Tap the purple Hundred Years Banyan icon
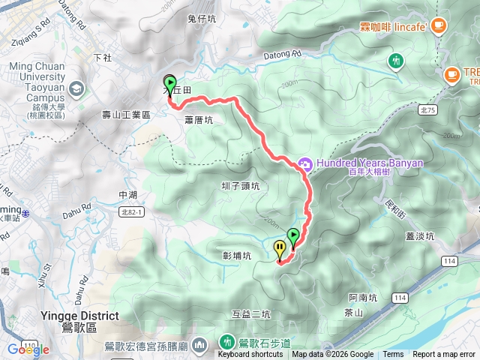point(304,163)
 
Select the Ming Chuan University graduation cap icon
point(76,88)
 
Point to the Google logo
point(28,349)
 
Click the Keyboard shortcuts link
point(250,355)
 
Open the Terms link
point(393,355)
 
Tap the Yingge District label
point(80,316)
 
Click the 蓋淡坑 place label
point(420,236)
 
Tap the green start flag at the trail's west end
point(169,85)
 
